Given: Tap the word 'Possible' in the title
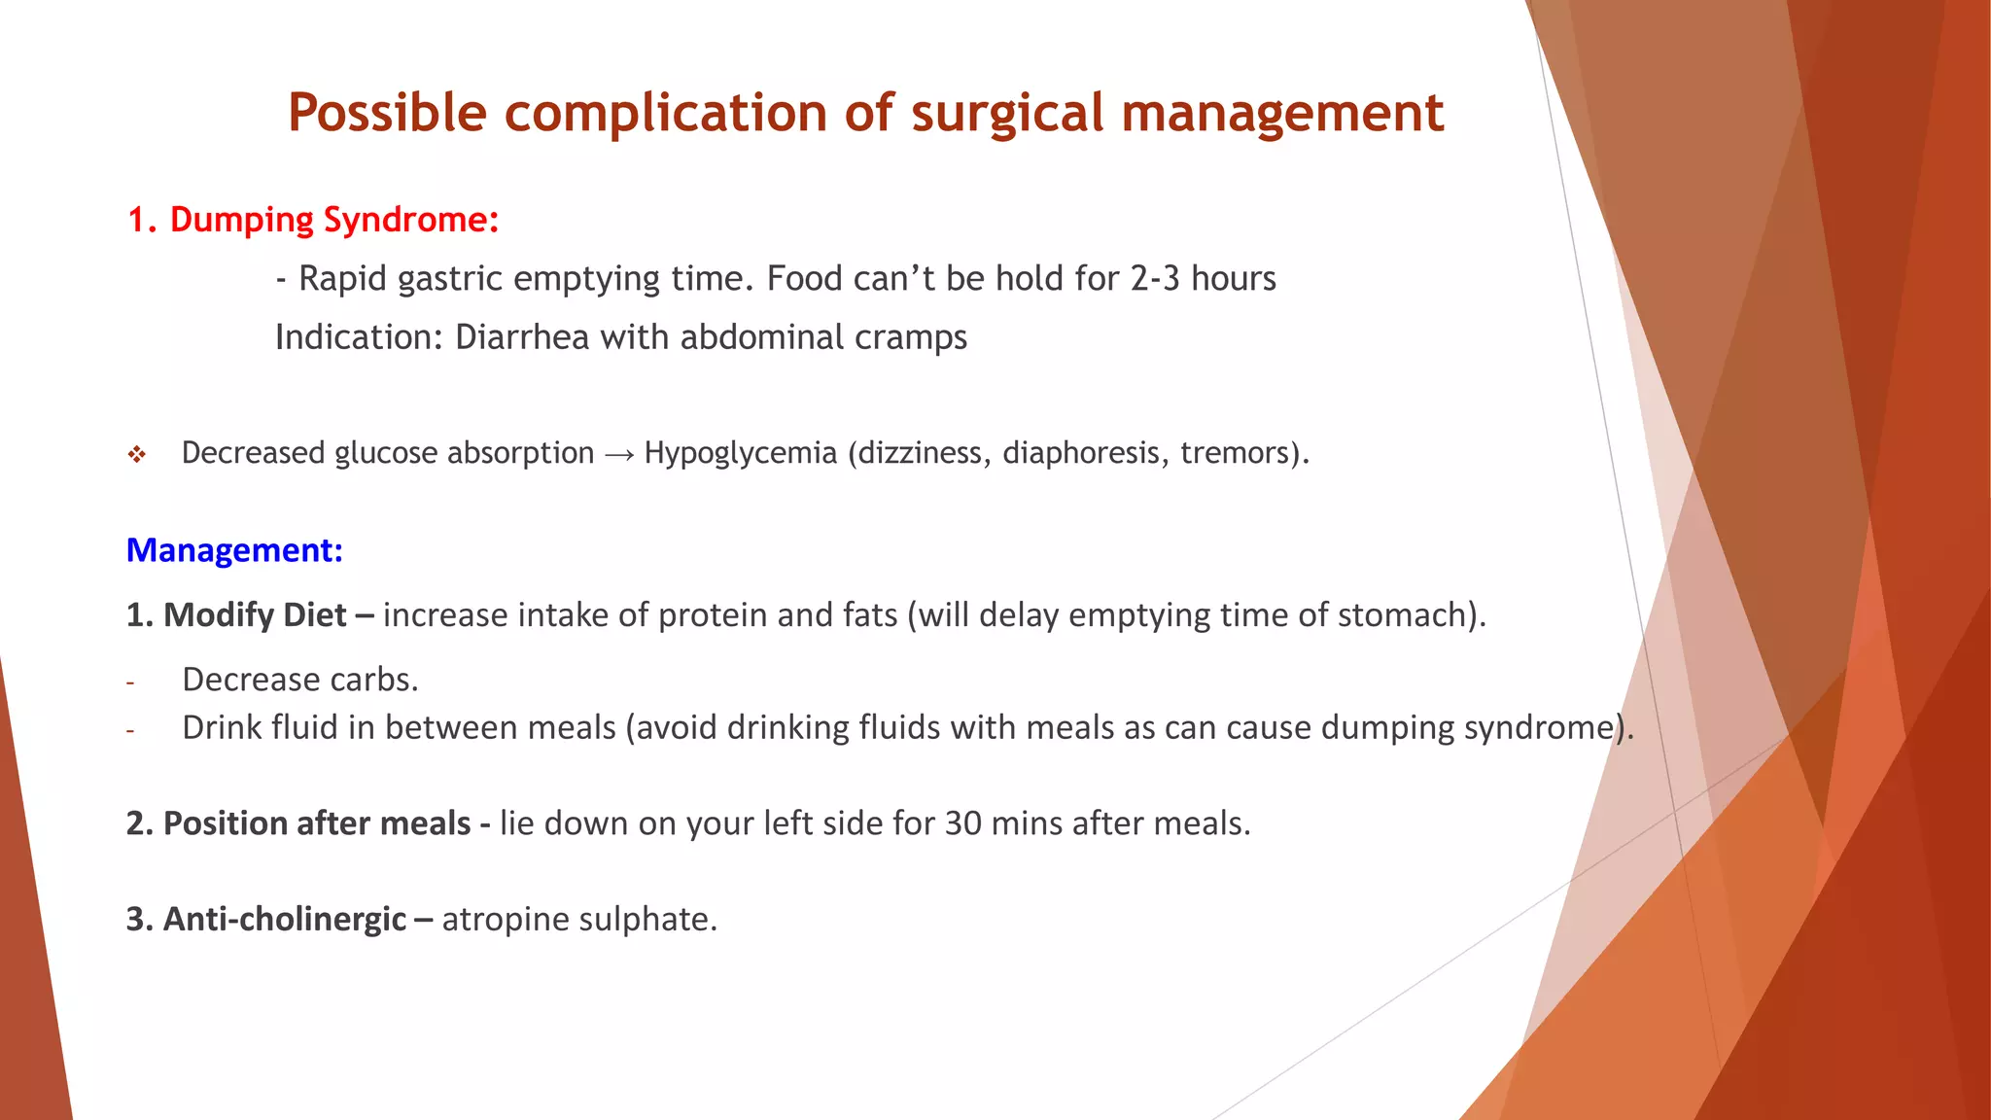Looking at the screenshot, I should pyautogui.click(x=387, y=113).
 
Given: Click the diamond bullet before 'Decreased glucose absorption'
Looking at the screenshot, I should pyautogui.click(x=137, y=454).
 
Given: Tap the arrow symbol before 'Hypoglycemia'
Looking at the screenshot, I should pyautogui.click(x=618, y=454).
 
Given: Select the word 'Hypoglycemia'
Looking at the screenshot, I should pyautogui.click(x=740, y=453).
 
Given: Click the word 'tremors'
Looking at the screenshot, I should pyautogui.click(x=1238, y=453).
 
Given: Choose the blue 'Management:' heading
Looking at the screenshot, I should pyautogui.click(x=234, y=550).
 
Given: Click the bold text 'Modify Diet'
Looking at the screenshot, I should pyautogui.click(x=255, y=615).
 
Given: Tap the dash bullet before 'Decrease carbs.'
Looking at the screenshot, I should pyautogui.click(x=129, y=682).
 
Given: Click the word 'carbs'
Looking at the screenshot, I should pyautogui.click(x=374, y=680).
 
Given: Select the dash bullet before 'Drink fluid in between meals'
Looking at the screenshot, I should pyautogui.click(x=129, y=731).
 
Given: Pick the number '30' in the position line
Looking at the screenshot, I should pyautogui.click(x=962, y=823).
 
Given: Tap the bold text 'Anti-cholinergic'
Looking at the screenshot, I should pyautogui.click(x=284, y=919).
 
